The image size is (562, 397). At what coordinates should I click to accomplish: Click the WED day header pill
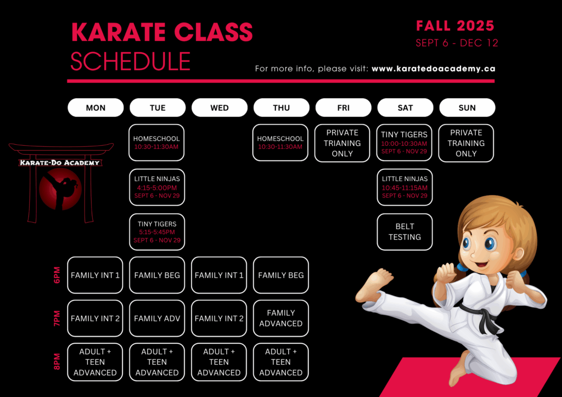click(x=220, y=107)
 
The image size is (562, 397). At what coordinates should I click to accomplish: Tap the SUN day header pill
click(x=467, y=107)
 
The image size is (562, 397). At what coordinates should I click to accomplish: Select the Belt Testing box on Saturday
click(x=404, y=231)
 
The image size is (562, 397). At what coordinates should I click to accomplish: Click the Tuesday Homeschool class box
click(x=156, y=143)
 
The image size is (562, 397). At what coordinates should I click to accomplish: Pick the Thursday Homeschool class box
click(x=280, y=143)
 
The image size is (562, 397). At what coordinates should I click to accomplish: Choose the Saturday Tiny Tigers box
click(x=404, y=143)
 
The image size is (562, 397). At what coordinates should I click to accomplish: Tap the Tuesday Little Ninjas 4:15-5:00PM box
click(x=157, y=187)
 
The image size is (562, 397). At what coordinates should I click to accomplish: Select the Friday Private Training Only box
click(x=342, y=143)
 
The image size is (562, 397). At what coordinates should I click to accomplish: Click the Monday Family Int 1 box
click(x=95, y=275)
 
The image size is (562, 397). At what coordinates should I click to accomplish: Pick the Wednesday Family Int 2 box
click(x=219, y=318)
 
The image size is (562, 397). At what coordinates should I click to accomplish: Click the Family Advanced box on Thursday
click(x=281, y=318)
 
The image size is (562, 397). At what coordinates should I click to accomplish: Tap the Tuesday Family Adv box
click(x=157, y=318)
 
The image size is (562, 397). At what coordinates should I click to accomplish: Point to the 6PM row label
click(x=57, y=275)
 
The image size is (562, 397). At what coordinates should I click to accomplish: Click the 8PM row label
click(x=57, y=361)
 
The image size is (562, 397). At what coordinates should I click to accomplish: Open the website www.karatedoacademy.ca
click(x=434, y=69)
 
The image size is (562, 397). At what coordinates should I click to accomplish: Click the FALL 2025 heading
click(x=455, y=26)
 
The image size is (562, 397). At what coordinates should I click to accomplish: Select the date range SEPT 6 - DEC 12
click(x=457, y=43)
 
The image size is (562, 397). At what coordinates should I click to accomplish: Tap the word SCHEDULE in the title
click(x=131, y=61)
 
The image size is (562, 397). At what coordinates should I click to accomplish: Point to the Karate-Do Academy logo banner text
click(x=60, y=163)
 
